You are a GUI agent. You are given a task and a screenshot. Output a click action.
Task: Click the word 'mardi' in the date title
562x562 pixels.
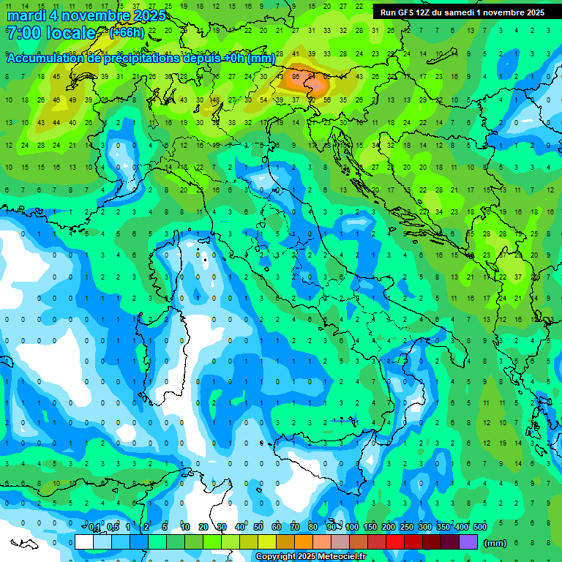click(26, 15)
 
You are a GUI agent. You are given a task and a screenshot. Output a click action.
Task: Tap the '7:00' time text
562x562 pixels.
click(22, 34)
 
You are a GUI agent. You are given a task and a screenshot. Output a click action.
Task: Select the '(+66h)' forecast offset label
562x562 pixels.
click(127, 33)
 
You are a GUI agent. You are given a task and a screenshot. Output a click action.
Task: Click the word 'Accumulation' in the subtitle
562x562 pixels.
click(45, 59)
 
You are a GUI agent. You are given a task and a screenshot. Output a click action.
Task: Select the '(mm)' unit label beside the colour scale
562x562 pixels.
click(495, 543)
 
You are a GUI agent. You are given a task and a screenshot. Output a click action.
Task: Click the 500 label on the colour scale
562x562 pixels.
click(479, 528)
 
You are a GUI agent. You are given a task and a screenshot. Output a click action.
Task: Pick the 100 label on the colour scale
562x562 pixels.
click(352, 528)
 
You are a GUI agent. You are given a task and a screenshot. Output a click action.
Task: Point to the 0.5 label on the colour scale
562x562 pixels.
click(113, 528)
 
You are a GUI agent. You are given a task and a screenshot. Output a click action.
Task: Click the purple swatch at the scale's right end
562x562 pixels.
click(468, 542)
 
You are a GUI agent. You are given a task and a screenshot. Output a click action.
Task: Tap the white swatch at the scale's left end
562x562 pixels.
click(84, 542)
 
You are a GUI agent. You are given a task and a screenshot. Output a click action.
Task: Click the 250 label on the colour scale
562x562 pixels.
click(407, 528)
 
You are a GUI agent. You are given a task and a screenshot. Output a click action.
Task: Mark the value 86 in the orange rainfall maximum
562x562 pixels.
click(296, 75)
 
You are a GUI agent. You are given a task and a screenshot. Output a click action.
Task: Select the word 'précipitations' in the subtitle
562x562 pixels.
click(139, 59)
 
